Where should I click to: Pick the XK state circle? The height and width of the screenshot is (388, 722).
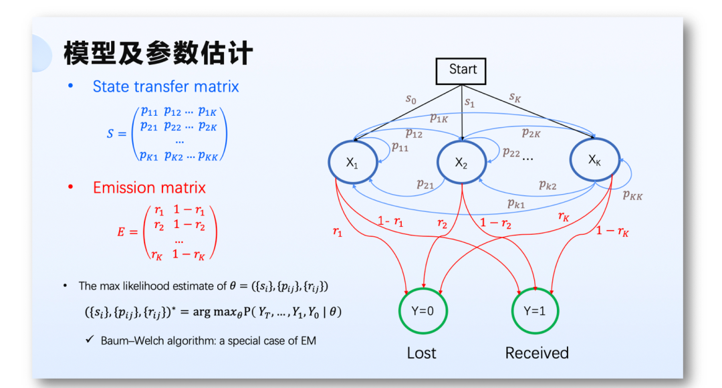click(x=594, y=161)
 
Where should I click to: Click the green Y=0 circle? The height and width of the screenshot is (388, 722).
click(x=422, y=311)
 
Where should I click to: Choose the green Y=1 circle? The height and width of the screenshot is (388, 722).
click(x=535, y=311)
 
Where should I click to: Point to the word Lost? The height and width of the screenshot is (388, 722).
click(x=421, y=353)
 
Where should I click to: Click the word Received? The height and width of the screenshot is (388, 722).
click(x=537, y=353)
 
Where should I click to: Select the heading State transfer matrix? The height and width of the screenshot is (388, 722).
click(x=166, y=86)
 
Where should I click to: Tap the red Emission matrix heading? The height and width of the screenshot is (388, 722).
click(x=149, y=187)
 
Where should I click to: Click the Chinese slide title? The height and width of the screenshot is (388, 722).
click(x=158, y=54)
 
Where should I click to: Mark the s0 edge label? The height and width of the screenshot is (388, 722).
click(x=410, y=99)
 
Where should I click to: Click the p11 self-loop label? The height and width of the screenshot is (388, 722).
click(x=400, y=147)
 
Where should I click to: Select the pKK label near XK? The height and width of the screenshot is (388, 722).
click(x=632, y=195)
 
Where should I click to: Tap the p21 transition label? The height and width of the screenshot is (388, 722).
click(x=425, y=184)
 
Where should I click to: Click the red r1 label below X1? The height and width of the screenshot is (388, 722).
click(x=338, y=231)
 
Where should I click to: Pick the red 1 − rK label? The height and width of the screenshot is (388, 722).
click(x=612, y=231)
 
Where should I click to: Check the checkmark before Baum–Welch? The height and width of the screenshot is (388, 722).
click(x=89, y=340)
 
